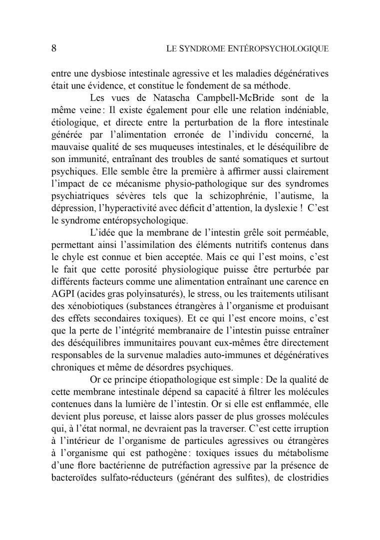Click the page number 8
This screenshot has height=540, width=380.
click(x=54, y=48)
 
